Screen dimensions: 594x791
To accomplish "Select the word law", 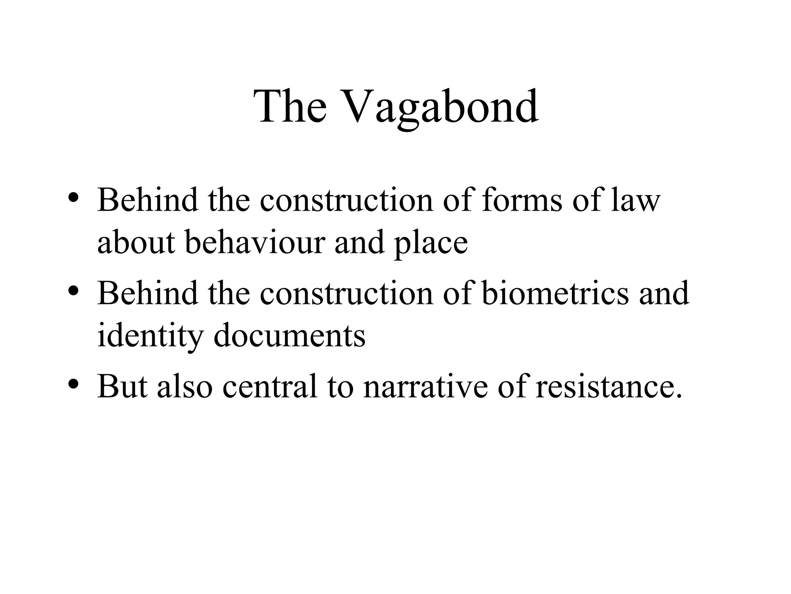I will coord(635,200).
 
